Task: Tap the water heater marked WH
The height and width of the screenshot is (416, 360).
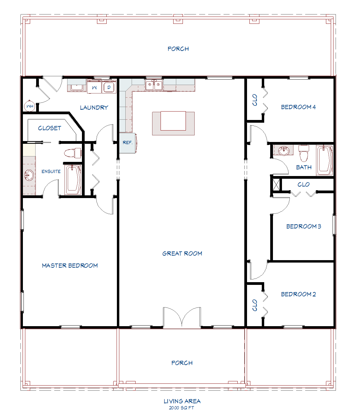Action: click(30, 106)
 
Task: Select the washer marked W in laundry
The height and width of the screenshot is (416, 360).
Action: click(94, 87)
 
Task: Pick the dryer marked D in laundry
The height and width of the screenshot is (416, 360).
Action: click(109, 87)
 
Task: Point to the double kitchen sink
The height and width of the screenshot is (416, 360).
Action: click(154, 85)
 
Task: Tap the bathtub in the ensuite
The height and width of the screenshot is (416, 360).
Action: click(73, 179)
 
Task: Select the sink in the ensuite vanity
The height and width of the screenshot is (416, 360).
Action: click(29, 175)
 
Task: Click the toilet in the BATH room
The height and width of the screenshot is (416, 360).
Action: click(304, 153)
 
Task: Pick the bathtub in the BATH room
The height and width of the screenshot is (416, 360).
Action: click(324, 160)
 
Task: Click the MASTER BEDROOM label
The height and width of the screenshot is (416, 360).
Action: click(70, 266)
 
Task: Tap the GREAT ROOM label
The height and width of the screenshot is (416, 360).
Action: click(182, 254)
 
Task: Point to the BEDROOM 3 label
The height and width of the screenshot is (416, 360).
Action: click(303, 226)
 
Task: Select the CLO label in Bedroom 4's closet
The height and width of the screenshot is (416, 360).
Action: click(255, 100)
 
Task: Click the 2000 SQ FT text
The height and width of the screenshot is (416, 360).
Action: click(181, 408)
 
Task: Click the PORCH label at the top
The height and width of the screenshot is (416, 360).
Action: click(178, 49)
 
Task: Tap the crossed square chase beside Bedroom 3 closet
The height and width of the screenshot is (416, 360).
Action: click(276, 184)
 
